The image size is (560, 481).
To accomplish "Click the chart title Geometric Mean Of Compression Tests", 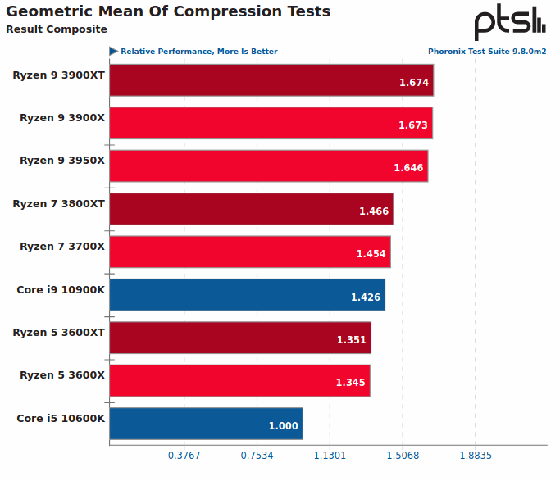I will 168,11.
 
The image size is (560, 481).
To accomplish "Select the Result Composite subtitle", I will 57,29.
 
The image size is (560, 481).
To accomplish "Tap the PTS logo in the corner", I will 509,21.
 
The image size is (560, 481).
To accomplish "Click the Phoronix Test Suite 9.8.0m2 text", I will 487,52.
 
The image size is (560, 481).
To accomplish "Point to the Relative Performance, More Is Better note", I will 198,52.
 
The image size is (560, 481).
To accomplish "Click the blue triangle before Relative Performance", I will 113,52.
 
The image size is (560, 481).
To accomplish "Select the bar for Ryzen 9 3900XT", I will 271,80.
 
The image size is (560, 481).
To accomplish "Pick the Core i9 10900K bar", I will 246,295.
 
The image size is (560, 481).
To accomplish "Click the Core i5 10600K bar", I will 205,424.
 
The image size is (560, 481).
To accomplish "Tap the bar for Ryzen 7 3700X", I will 249,252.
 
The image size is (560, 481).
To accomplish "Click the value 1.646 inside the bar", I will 408,168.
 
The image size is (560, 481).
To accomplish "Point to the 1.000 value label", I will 284,426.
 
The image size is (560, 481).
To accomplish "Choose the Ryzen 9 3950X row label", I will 62,161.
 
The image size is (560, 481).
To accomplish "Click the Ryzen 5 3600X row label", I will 62,375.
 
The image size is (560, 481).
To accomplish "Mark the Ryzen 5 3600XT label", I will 59,332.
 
